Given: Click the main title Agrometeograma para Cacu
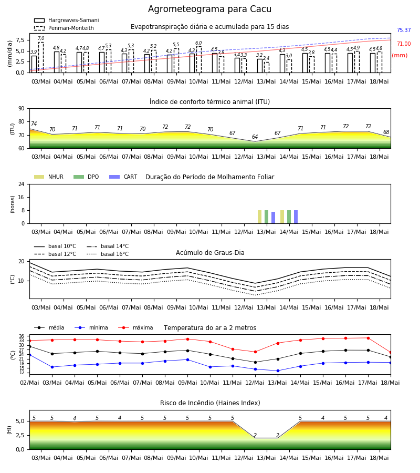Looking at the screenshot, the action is [209, 9].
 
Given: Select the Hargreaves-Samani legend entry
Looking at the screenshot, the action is [67, 20].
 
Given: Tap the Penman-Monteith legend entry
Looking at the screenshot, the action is [64, 28].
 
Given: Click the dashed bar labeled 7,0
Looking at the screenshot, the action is [41, 57].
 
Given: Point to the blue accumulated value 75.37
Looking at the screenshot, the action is [404, 30].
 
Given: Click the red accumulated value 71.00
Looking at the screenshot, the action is [404, 44].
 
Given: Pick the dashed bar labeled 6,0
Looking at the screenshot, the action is [199, 59].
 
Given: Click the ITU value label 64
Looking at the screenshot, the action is [255, 137].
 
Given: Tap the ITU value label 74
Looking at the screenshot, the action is [34, 124].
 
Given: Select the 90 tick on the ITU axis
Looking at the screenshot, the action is [22, 109].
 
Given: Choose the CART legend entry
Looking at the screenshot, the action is [123, 177].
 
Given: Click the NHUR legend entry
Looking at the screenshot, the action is [49, 177].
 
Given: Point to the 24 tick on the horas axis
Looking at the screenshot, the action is [22, 184].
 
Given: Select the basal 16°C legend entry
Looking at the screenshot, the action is [108, 254].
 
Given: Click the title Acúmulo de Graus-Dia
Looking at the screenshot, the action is [210, 252].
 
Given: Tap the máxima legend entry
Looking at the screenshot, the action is [135, 327].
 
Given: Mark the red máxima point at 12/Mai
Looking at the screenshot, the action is [256, 352].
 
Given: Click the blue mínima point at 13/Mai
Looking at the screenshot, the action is [278, 371].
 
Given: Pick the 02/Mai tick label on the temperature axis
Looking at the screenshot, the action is [29, 383].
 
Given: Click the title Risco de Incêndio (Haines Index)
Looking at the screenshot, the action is [210, 403].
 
